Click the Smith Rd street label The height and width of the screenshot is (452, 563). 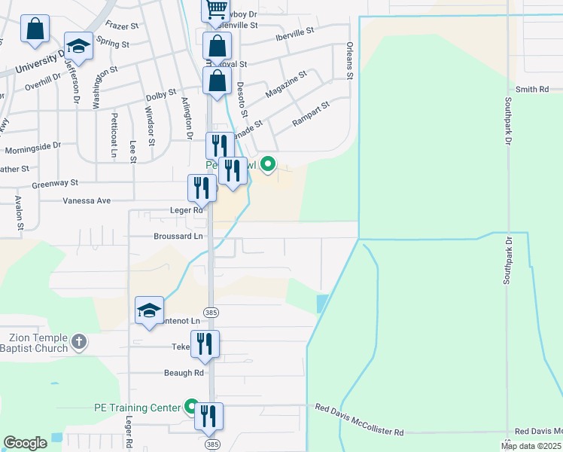point(532,90)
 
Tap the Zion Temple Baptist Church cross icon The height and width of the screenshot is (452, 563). point(79,344)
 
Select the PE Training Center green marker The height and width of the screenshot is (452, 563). point(192,407)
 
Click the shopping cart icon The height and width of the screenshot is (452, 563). point(216,9)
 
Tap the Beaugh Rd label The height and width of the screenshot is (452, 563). point(184,373)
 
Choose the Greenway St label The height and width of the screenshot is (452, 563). point(55,183)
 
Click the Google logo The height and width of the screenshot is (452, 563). point(25,443)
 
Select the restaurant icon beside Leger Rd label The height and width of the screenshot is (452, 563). point(202,188)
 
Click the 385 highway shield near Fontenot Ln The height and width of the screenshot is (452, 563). point(210,311)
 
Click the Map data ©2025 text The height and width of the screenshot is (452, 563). point(531,445)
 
